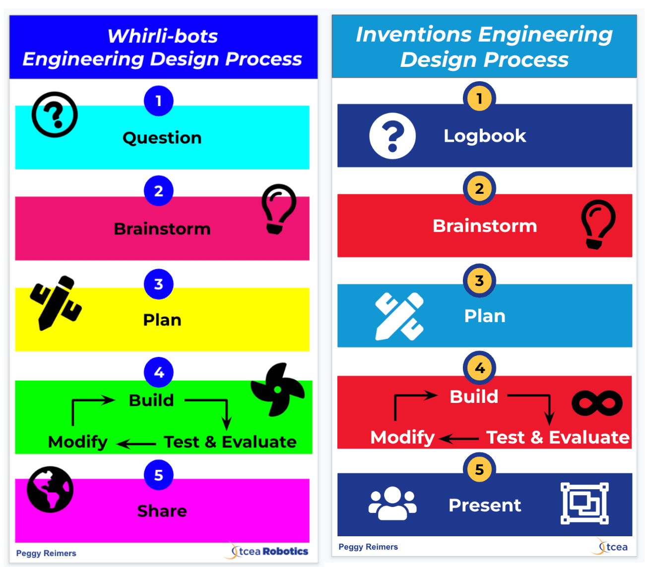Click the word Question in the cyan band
pyautogui.click(x=162, y=138)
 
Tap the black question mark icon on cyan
pyautogui.click(x=55, y=114)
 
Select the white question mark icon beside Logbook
pyautogui.click(x=392, y=136)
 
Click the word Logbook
pyautogui.click(x=485, y=136)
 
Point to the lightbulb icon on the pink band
pyautogui.click(x=279, y=209)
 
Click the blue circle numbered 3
pyautogui.click(x=159, y=284)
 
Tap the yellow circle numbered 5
pyautogui.click(x=479, y=469)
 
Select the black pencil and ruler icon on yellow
pyautogui.click(x=55, y=302)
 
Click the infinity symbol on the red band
pyautogui.click(x=597, y=402)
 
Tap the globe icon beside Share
pyautogui.click(x=50, y=489)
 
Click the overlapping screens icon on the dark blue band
pyautogui.click(x=584, y=503)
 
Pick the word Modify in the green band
pyautogui.click(x=78, y=442)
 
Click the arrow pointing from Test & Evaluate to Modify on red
pyautogui.click(x=459, y=439)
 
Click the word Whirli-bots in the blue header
pyautogui.click(x=163, y=36)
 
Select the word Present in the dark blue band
pyautogui.click(x=485, y=505)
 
